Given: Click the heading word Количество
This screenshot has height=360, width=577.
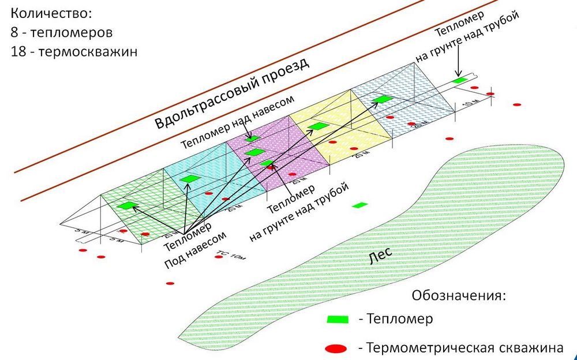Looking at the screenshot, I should point(51,13).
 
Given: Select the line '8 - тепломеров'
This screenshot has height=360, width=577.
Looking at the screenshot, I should point(61,32).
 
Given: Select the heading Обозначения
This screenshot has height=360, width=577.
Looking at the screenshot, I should point(459,296).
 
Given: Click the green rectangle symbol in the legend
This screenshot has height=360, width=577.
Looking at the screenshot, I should point(338,320).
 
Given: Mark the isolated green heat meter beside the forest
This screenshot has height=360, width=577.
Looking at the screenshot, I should point(361,205).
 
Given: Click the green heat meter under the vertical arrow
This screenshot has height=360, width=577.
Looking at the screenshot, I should point(459,80).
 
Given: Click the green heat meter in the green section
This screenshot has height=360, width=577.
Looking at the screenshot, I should point(126,205).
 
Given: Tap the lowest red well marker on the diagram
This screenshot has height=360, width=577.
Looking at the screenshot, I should point(170,283).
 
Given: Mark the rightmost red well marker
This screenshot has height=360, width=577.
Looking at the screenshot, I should point(517,104).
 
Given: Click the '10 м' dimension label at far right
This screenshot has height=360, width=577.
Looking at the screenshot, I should point(471,104).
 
